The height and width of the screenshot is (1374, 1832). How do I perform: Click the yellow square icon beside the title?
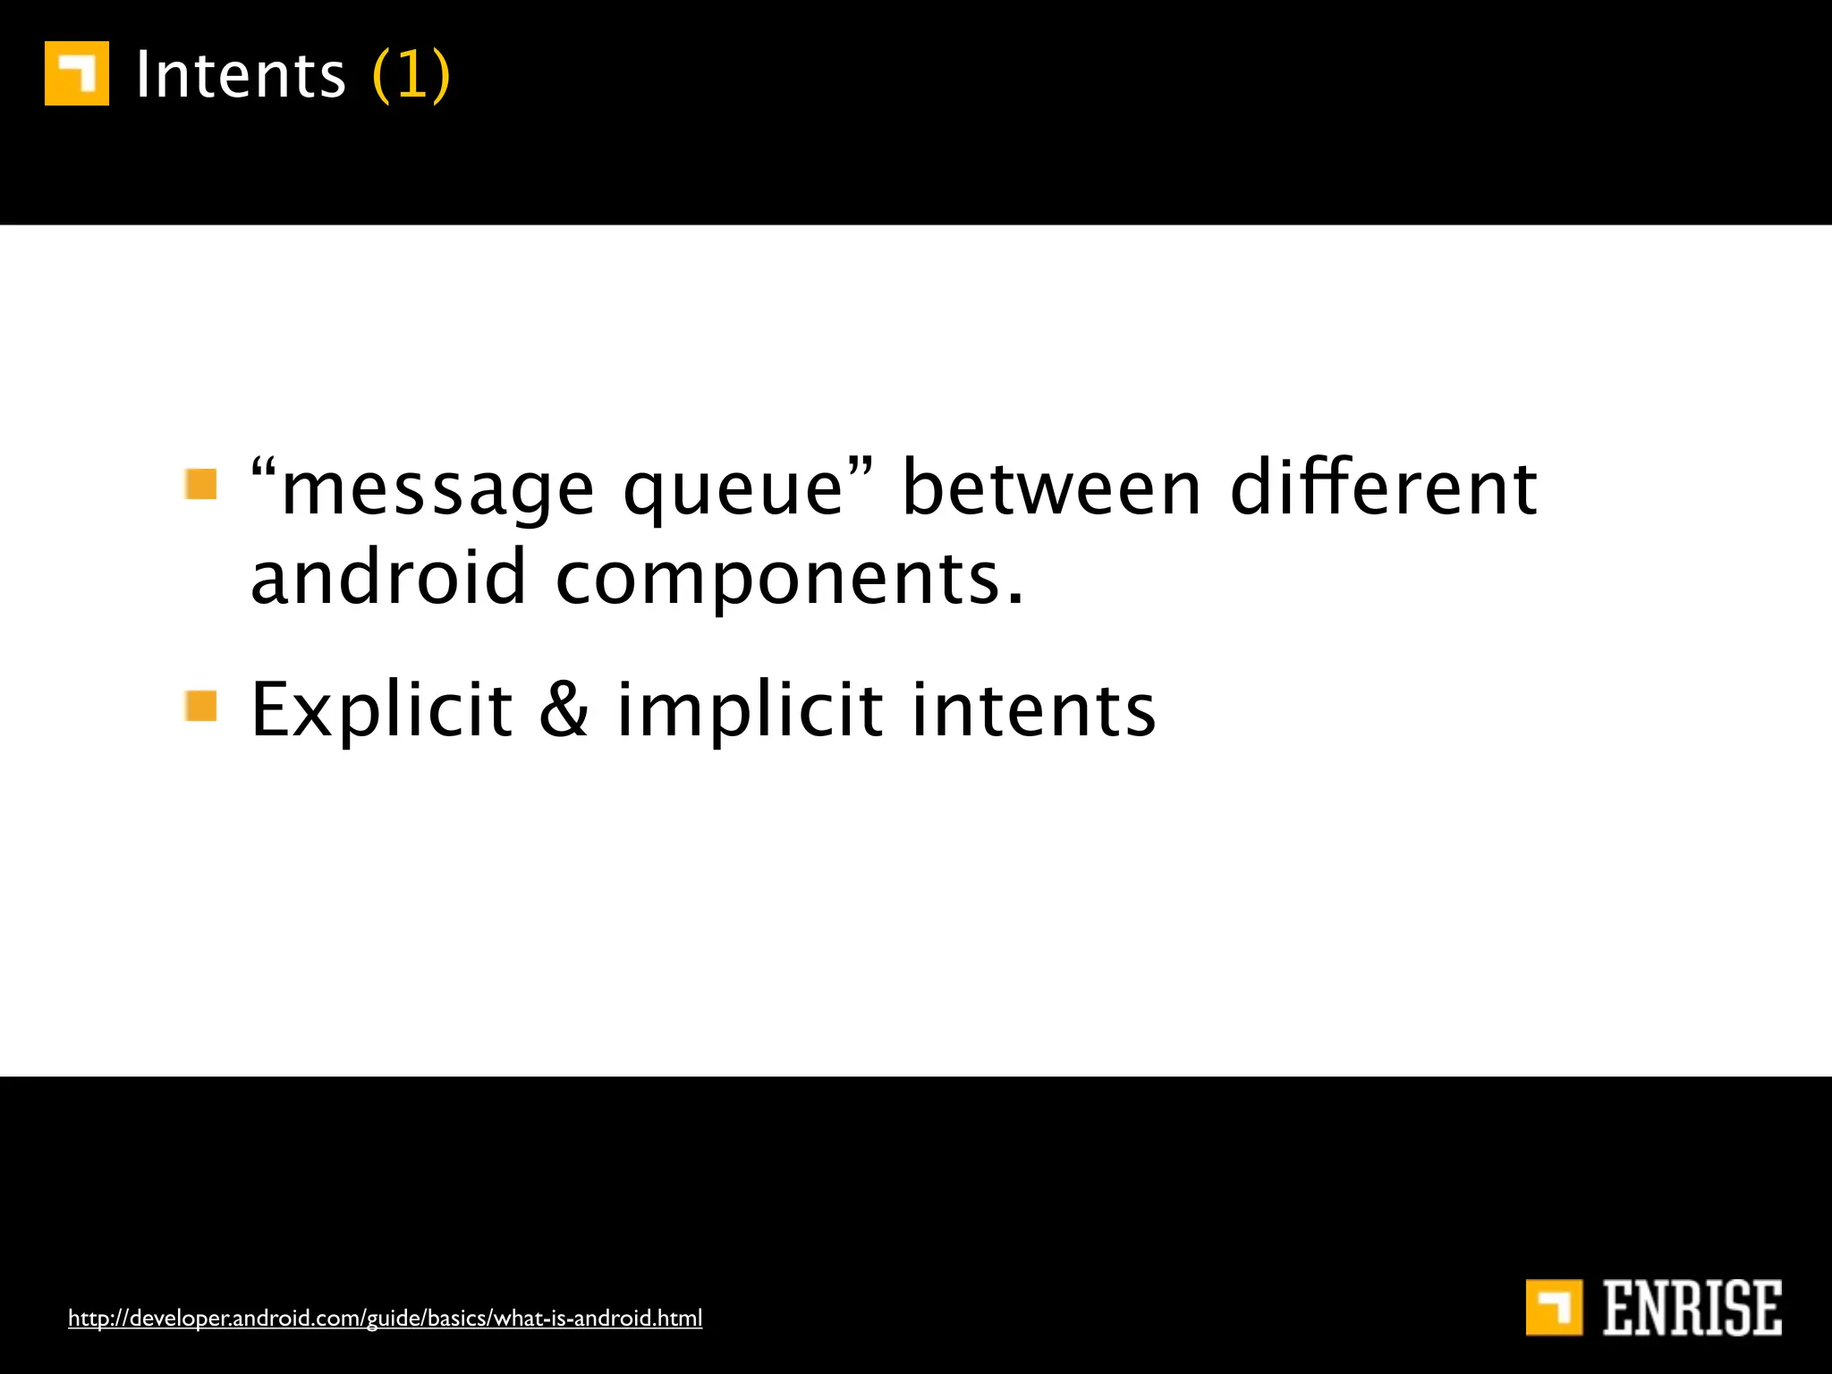pos(77,73)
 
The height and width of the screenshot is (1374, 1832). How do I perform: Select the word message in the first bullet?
pos(437,491)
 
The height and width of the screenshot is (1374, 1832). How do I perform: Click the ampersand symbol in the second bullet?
pos(564,709)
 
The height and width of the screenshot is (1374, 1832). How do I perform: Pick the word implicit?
pos(751,711)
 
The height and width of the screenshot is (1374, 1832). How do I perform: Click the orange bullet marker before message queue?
pos(201,484)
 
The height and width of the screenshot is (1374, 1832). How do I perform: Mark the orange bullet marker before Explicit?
pos(201,706)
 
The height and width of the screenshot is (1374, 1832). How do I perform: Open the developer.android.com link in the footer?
pos(386,1318)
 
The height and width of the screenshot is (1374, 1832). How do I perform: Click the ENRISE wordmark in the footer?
pos(1692,1308)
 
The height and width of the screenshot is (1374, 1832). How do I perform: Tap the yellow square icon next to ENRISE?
pos(1554,1308)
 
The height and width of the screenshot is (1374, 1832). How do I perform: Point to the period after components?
pos(1014,600)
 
